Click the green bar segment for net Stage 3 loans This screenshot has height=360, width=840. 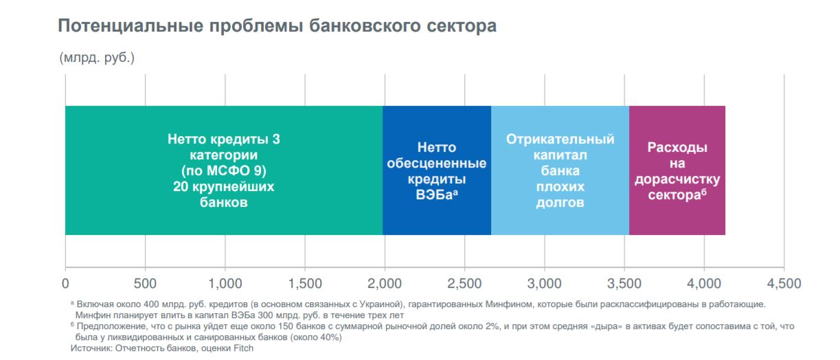(223, 170)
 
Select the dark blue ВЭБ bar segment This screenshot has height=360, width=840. (436, 170)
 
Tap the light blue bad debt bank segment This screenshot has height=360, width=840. (560, 170)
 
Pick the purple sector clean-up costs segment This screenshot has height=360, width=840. (677, 170)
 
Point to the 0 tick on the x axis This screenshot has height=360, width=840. (65, 283)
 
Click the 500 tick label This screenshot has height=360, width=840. (145, 283)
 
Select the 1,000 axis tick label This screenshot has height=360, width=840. (225, 283)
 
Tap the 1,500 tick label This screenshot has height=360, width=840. (305, 283)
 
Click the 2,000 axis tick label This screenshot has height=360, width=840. (385, 283)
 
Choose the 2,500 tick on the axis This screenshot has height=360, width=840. (464, 283)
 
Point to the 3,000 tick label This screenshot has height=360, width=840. (544, 283)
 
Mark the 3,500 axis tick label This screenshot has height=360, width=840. (624, 283)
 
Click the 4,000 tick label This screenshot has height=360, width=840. (704, 283)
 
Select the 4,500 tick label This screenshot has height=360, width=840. (784, 283)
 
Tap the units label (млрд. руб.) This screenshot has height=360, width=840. (97, 58)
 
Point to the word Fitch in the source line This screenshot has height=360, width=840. (242, 348)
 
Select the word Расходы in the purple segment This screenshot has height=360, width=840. (677, 148)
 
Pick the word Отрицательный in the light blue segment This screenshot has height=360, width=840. (560, 139)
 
